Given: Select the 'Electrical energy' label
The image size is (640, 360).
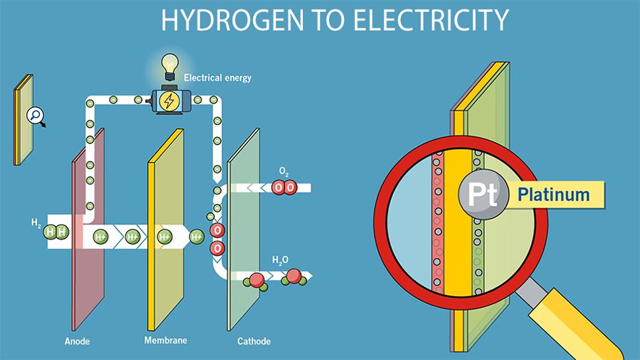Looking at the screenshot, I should click(x=217, y=78).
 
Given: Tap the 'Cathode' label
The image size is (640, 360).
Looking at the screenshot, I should click(x=254, y=342).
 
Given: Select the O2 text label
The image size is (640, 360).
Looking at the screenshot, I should click(x=283, y=170).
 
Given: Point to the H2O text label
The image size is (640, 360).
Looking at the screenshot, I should click(x=281, y=259).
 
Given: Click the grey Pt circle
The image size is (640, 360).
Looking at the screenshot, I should click(x=478, y=195).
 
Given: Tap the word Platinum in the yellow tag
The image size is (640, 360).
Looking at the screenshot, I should click(x=554, y=195).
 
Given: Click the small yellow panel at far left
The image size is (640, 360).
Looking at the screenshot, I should click(x=23, y=119).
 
